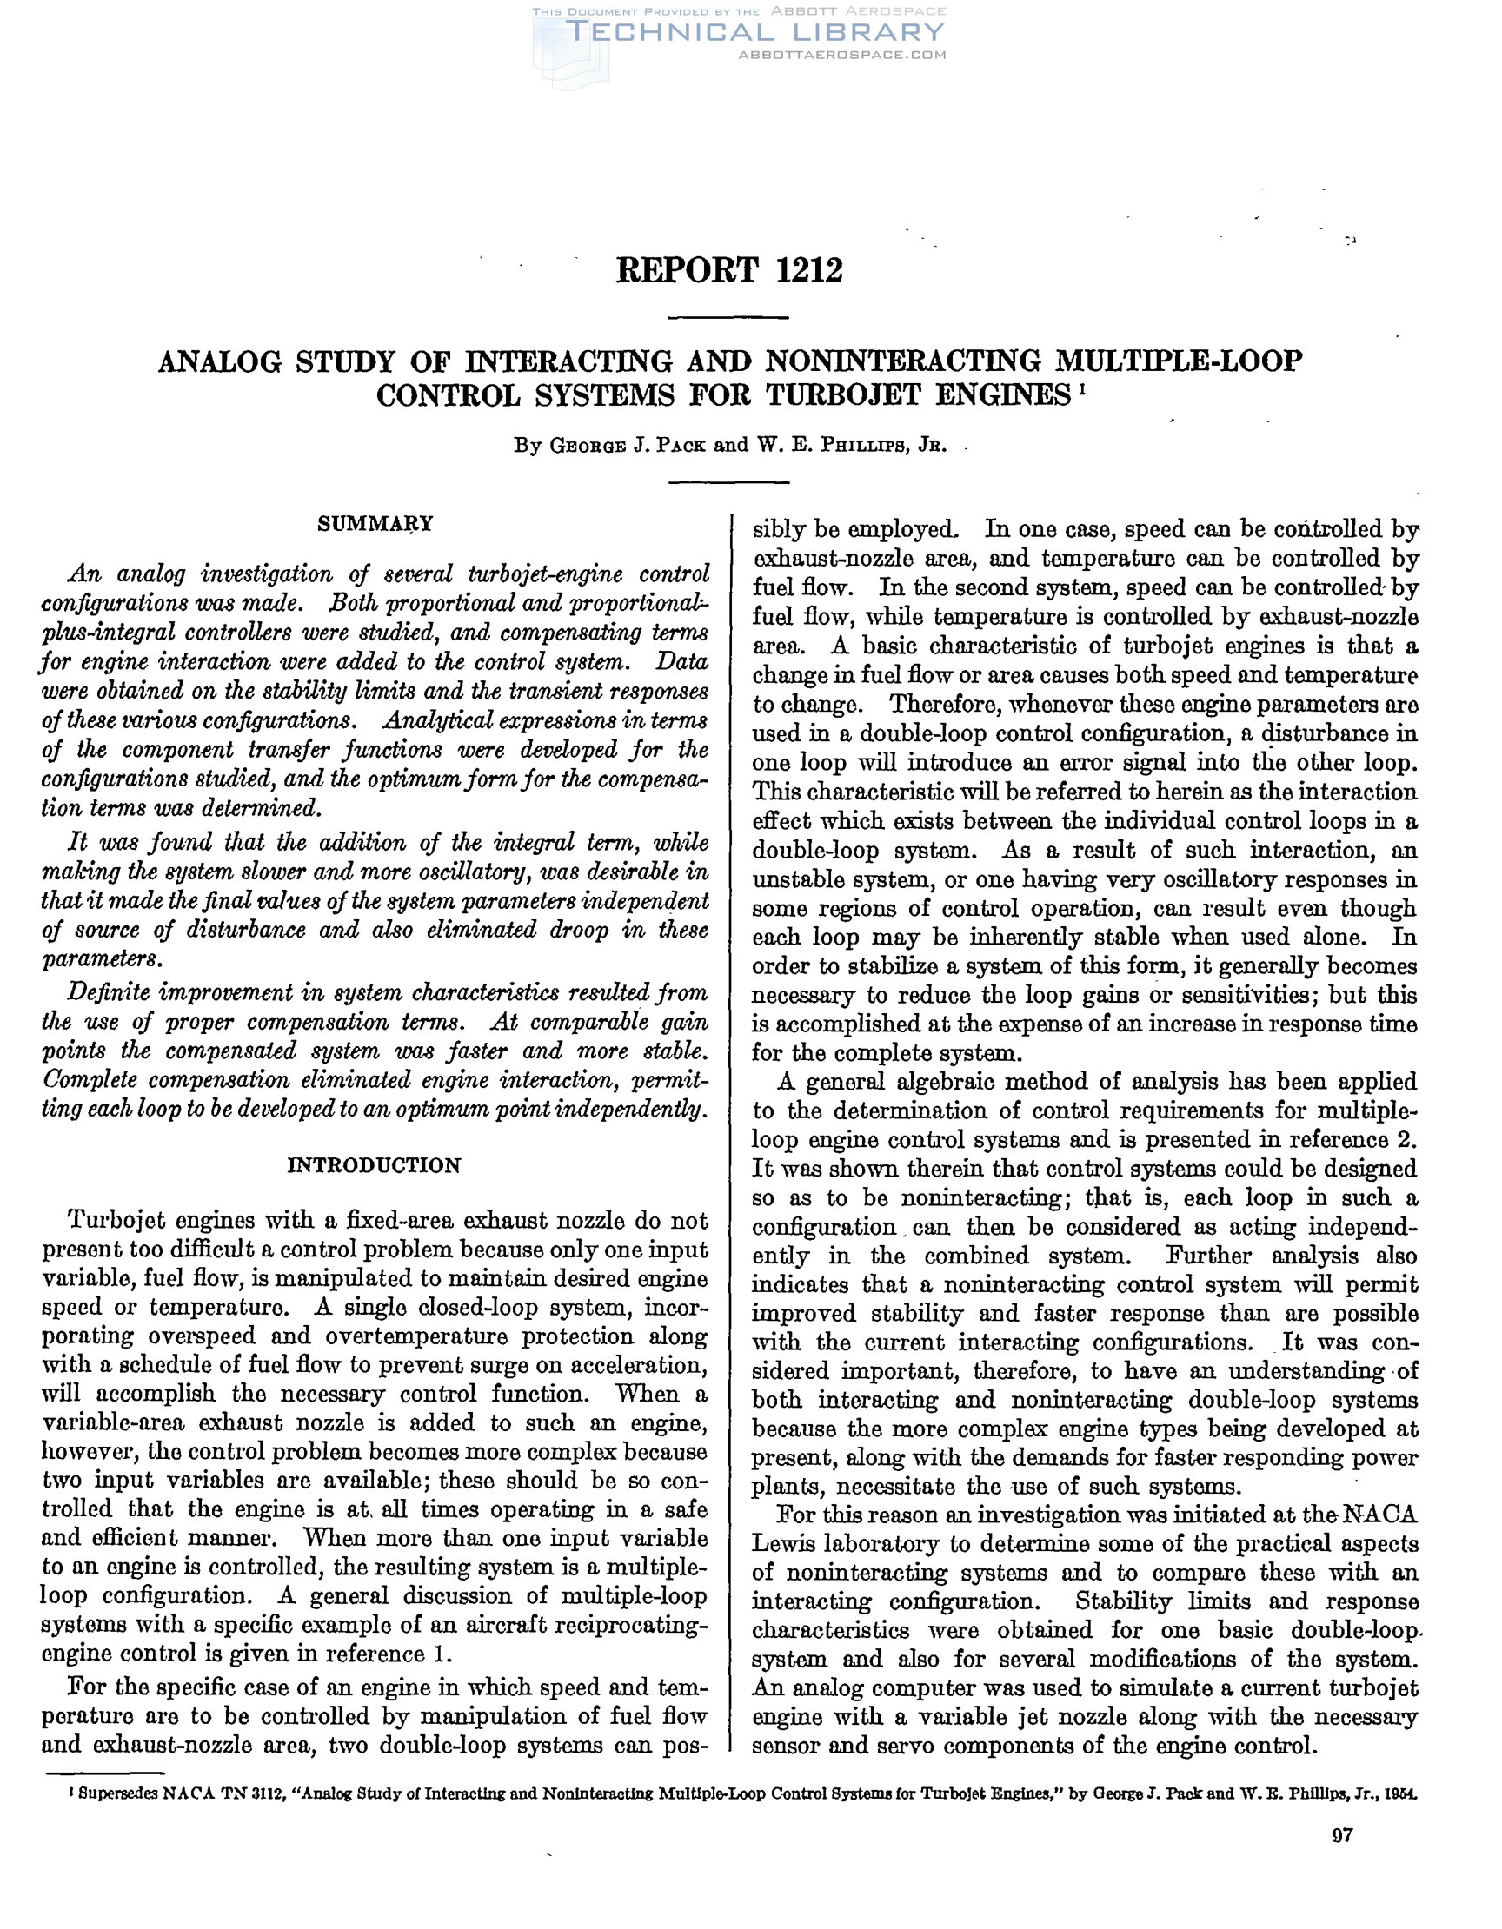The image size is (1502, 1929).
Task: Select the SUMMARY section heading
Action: [x=375, y=524]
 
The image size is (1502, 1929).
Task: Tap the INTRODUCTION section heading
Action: [x=375, y=1166]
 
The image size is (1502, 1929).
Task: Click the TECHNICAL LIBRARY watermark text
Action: [x=755, y=32]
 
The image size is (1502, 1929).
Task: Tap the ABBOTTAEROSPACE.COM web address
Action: [x=842, y=55]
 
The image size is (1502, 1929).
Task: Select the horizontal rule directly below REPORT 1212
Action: [x=727, y=317]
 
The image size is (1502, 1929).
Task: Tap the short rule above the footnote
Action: [x=104, y=1772]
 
